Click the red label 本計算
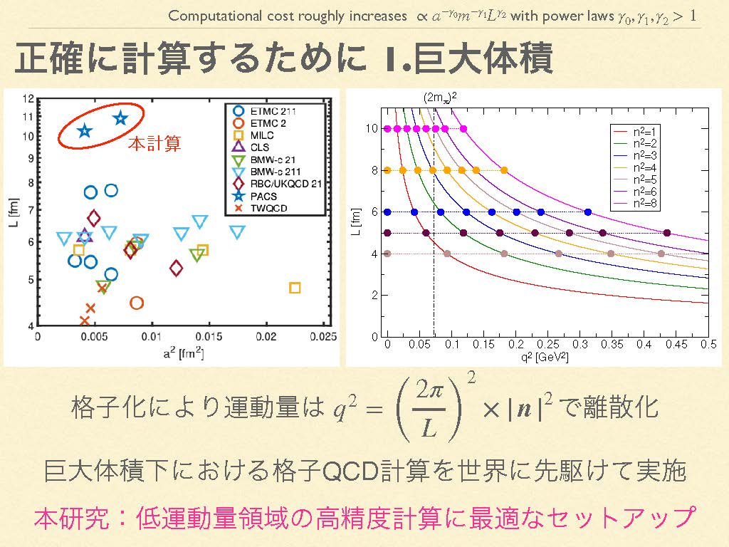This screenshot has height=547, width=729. [154, 144]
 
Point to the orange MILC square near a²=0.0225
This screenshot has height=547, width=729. [295, 288]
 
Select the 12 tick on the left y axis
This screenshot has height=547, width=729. [28, 99]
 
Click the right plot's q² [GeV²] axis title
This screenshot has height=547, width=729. [542, 356]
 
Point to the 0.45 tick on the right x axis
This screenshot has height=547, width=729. [675, 344]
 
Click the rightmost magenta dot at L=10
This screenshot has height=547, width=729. [463, 128]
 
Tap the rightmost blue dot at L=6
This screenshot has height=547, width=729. [588, 212]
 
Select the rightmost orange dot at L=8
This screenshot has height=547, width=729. [504, 170]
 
